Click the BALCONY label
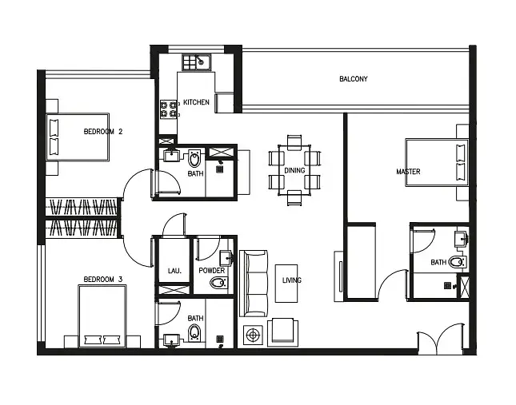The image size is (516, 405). pyautogui.click(x=353, y=79)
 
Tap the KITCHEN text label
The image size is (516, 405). pyautogui.click(x=196, y=102)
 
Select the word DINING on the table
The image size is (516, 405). pyautogui.click(x=294, y=170)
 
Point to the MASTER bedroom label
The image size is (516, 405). pyautogui.click(x=408, y=172)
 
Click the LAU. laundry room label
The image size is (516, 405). pyautogui.click(x=174, y=271)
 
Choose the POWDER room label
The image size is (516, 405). pyautogui.click(x=211, y=270)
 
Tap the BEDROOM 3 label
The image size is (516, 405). pyautogui.click(x=102, y=280)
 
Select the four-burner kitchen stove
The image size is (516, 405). pyautogui.click(x=169, y=109)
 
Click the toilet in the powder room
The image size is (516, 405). pyautogui.click(x=219, y=283)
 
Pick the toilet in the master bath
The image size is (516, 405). pyautogui.click(x=458, y=262)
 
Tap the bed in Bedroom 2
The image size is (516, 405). pyautogui.click(x=78, y=137)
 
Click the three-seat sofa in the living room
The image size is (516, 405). pyautogui.click(x=253, y=284)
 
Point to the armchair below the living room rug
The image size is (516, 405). pyautogui.click(x=282, y=332)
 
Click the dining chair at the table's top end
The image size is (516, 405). pyautogui.click(x=294, y=142)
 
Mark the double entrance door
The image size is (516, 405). pyautogui.click(x=441, y=339)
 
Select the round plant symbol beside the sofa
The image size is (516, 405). pyautogui.click(x=253, y=335)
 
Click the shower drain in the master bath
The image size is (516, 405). pyautogui.click(x=447, y=285)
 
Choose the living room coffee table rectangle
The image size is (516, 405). pyautogui.click(x=286, y=284)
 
